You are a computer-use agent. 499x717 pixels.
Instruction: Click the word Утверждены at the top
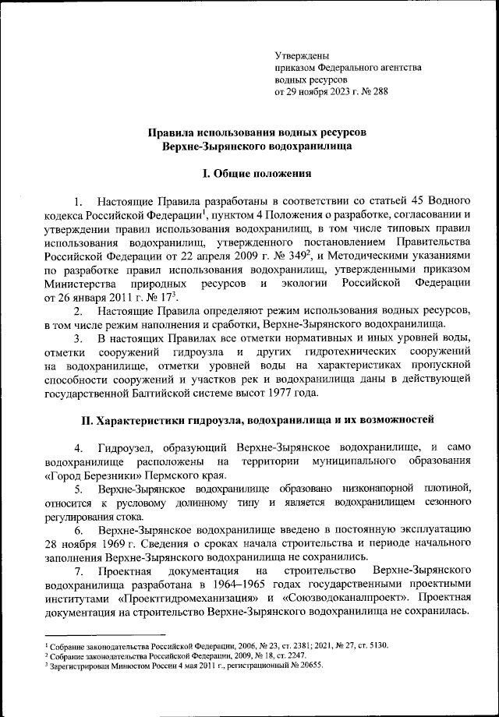pyautogui.click(x=303, y=55)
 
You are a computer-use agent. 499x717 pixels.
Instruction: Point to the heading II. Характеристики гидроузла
pyautogui.click(x=257, y=421)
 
